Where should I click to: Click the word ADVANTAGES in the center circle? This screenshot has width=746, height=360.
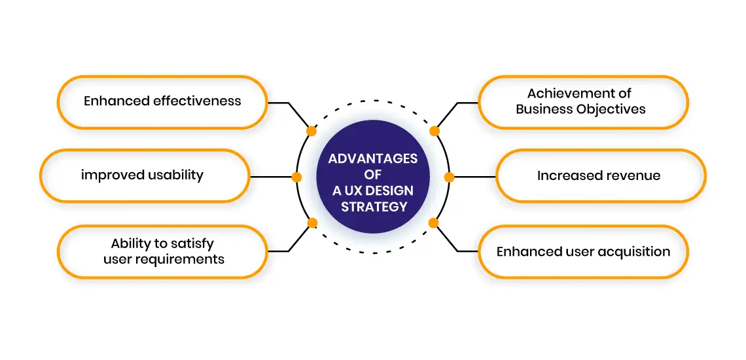pos(373,159)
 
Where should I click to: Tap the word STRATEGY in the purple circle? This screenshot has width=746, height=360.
pos(374,207)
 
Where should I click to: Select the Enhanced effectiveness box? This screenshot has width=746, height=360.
pos(162,101)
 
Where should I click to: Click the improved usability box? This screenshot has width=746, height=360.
pos(145,175)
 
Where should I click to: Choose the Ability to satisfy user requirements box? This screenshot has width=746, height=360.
pos(162,251)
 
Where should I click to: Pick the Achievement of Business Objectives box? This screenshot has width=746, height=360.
pos(582,101)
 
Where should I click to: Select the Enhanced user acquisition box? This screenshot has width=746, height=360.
pos(582,251)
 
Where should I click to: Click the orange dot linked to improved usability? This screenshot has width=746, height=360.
pos(296,177)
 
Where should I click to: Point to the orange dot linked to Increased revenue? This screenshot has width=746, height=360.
pos(449,177)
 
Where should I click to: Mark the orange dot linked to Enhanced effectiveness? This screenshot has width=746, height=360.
pos(312,131)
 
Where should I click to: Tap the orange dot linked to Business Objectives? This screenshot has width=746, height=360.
pos(434,131)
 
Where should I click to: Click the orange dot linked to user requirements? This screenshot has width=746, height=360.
pos(312,223)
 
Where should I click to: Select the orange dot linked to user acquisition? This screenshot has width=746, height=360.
pos(433,223)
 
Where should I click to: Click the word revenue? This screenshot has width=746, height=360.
pos(630,175)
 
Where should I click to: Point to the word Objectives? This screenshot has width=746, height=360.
pos(610,109)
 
